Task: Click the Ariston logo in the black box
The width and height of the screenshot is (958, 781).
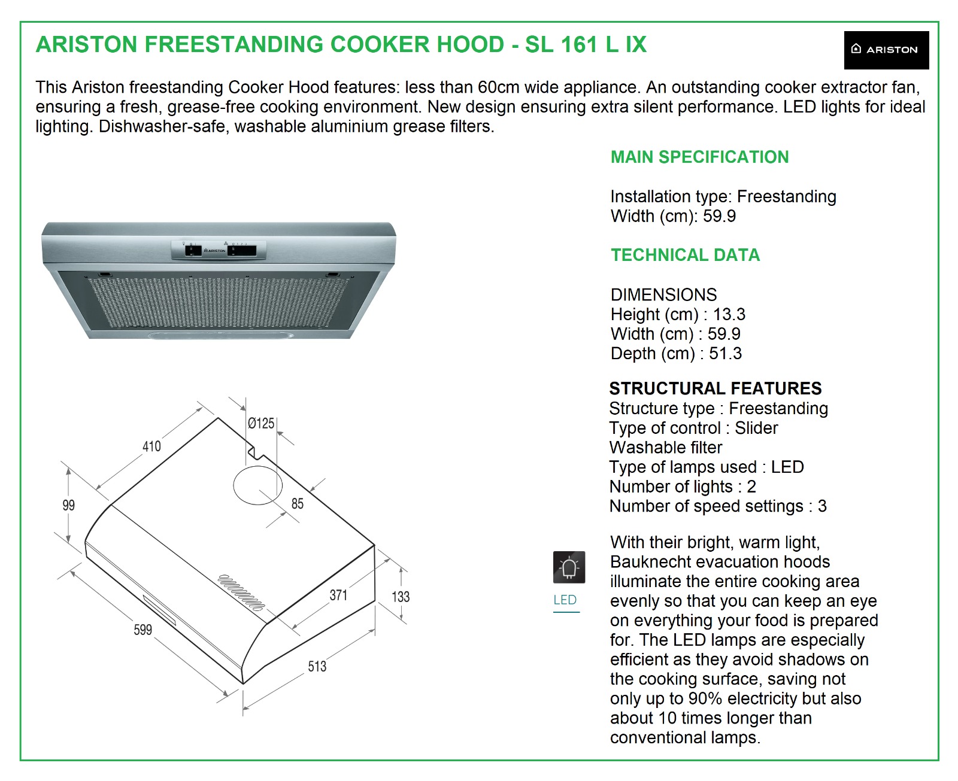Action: [886, 50]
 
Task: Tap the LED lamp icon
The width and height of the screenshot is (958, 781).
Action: [569, 567]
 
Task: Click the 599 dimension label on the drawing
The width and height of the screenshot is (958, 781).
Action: [143, 630]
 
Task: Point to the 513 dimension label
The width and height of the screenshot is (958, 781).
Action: [317, 666]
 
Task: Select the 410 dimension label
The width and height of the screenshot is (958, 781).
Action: [151, 446]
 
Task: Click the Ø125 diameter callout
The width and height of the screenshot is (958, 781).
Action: [261, 424]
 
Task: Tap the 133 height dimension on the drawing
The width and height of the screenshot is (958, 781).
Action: [401, 597]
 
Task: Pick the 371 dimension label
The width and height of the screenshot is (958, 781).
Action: [338, 595]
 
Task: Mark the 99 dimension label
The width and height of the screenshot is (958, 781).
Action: [69, 505]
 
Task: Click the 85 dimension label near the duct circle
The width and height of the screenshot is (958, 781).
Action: [298, 504]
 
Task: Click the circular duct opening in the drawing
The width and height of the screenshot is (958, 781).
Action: [257, 485]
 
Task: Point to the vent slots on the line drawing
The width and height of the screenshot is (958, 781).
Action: [241, 592]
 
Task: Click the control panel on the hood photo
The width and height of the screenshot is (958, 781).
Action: [219, 250]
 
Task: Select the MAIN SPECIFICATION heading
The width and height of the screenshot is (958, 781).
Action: [699, 157]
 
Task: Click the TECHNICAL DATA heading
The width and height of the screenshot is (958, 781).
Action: [685, 256]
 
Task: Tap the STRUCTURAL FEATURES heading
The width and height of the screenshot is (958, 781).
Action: [715, 388]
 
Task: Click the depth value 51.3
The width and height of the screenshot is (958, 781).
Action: [725, 354]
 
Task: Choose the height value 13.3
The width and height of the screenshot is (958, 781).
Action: [729, 314]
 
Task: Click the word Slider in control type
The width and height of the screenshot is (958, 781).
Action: [756, 428]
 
